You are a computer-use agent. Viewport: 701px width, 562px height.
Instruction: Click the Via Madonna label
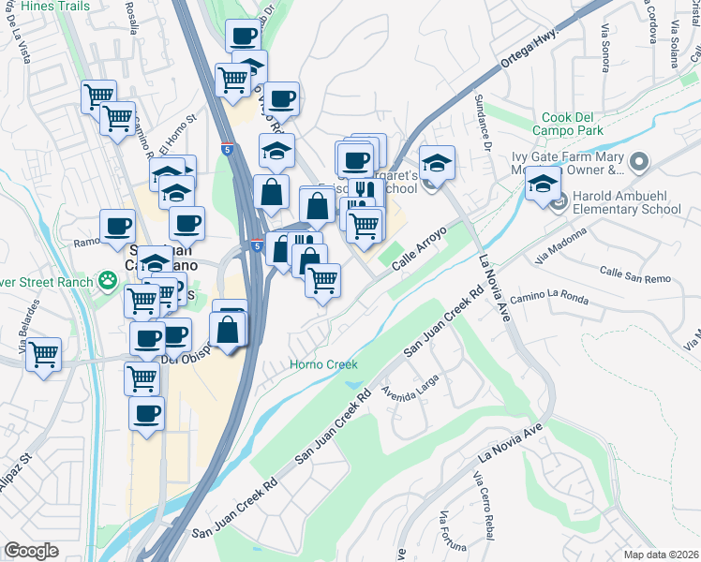[553, 246]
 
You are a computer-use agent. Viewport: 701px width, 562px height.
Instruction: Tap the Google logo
[32, 551]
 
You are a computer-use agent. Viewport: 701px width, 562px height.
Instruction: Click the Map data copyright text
[662, 555]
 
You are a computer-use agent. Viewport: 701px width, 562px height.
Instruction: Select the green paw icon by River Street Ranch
[110, 281]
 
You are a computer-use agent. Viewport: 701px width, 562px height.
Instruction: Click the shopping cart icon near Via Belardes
[43, 355]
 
